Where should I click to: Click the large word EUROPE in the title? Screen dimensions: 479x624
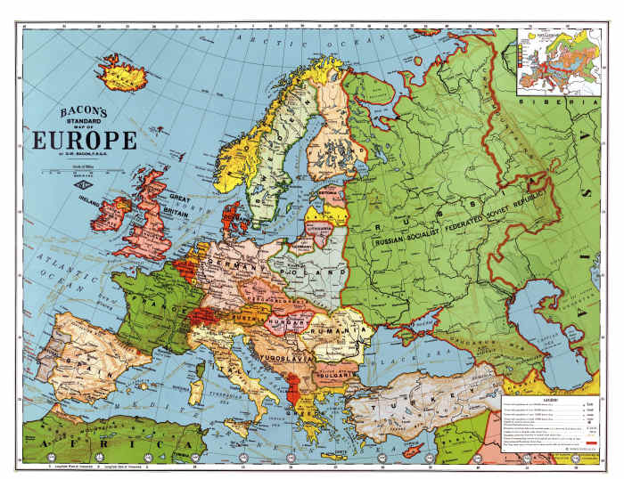click(85, 140)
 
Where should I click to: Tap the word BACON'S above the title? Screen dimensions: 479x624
click(85, 112)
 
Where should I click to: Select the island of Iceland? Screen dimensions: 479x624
click(124, 72)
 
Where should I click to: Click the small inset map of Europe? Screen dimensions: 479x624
click(556, 61)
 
